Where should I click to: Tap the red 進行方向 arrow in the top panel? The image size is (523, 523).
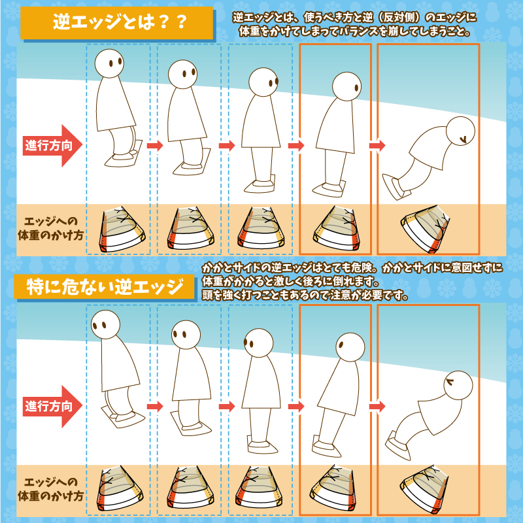[53, 145]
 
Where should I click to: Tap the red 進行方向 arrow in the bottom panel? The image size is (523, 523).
[53, 406]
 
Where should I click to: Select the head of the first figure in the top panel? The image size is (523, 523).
[109, 63]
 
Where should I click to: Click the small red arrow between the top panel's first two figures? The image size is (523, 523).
[154, 146]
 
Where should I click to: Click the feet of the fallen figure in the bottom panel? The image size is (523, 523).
[399, 446]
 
